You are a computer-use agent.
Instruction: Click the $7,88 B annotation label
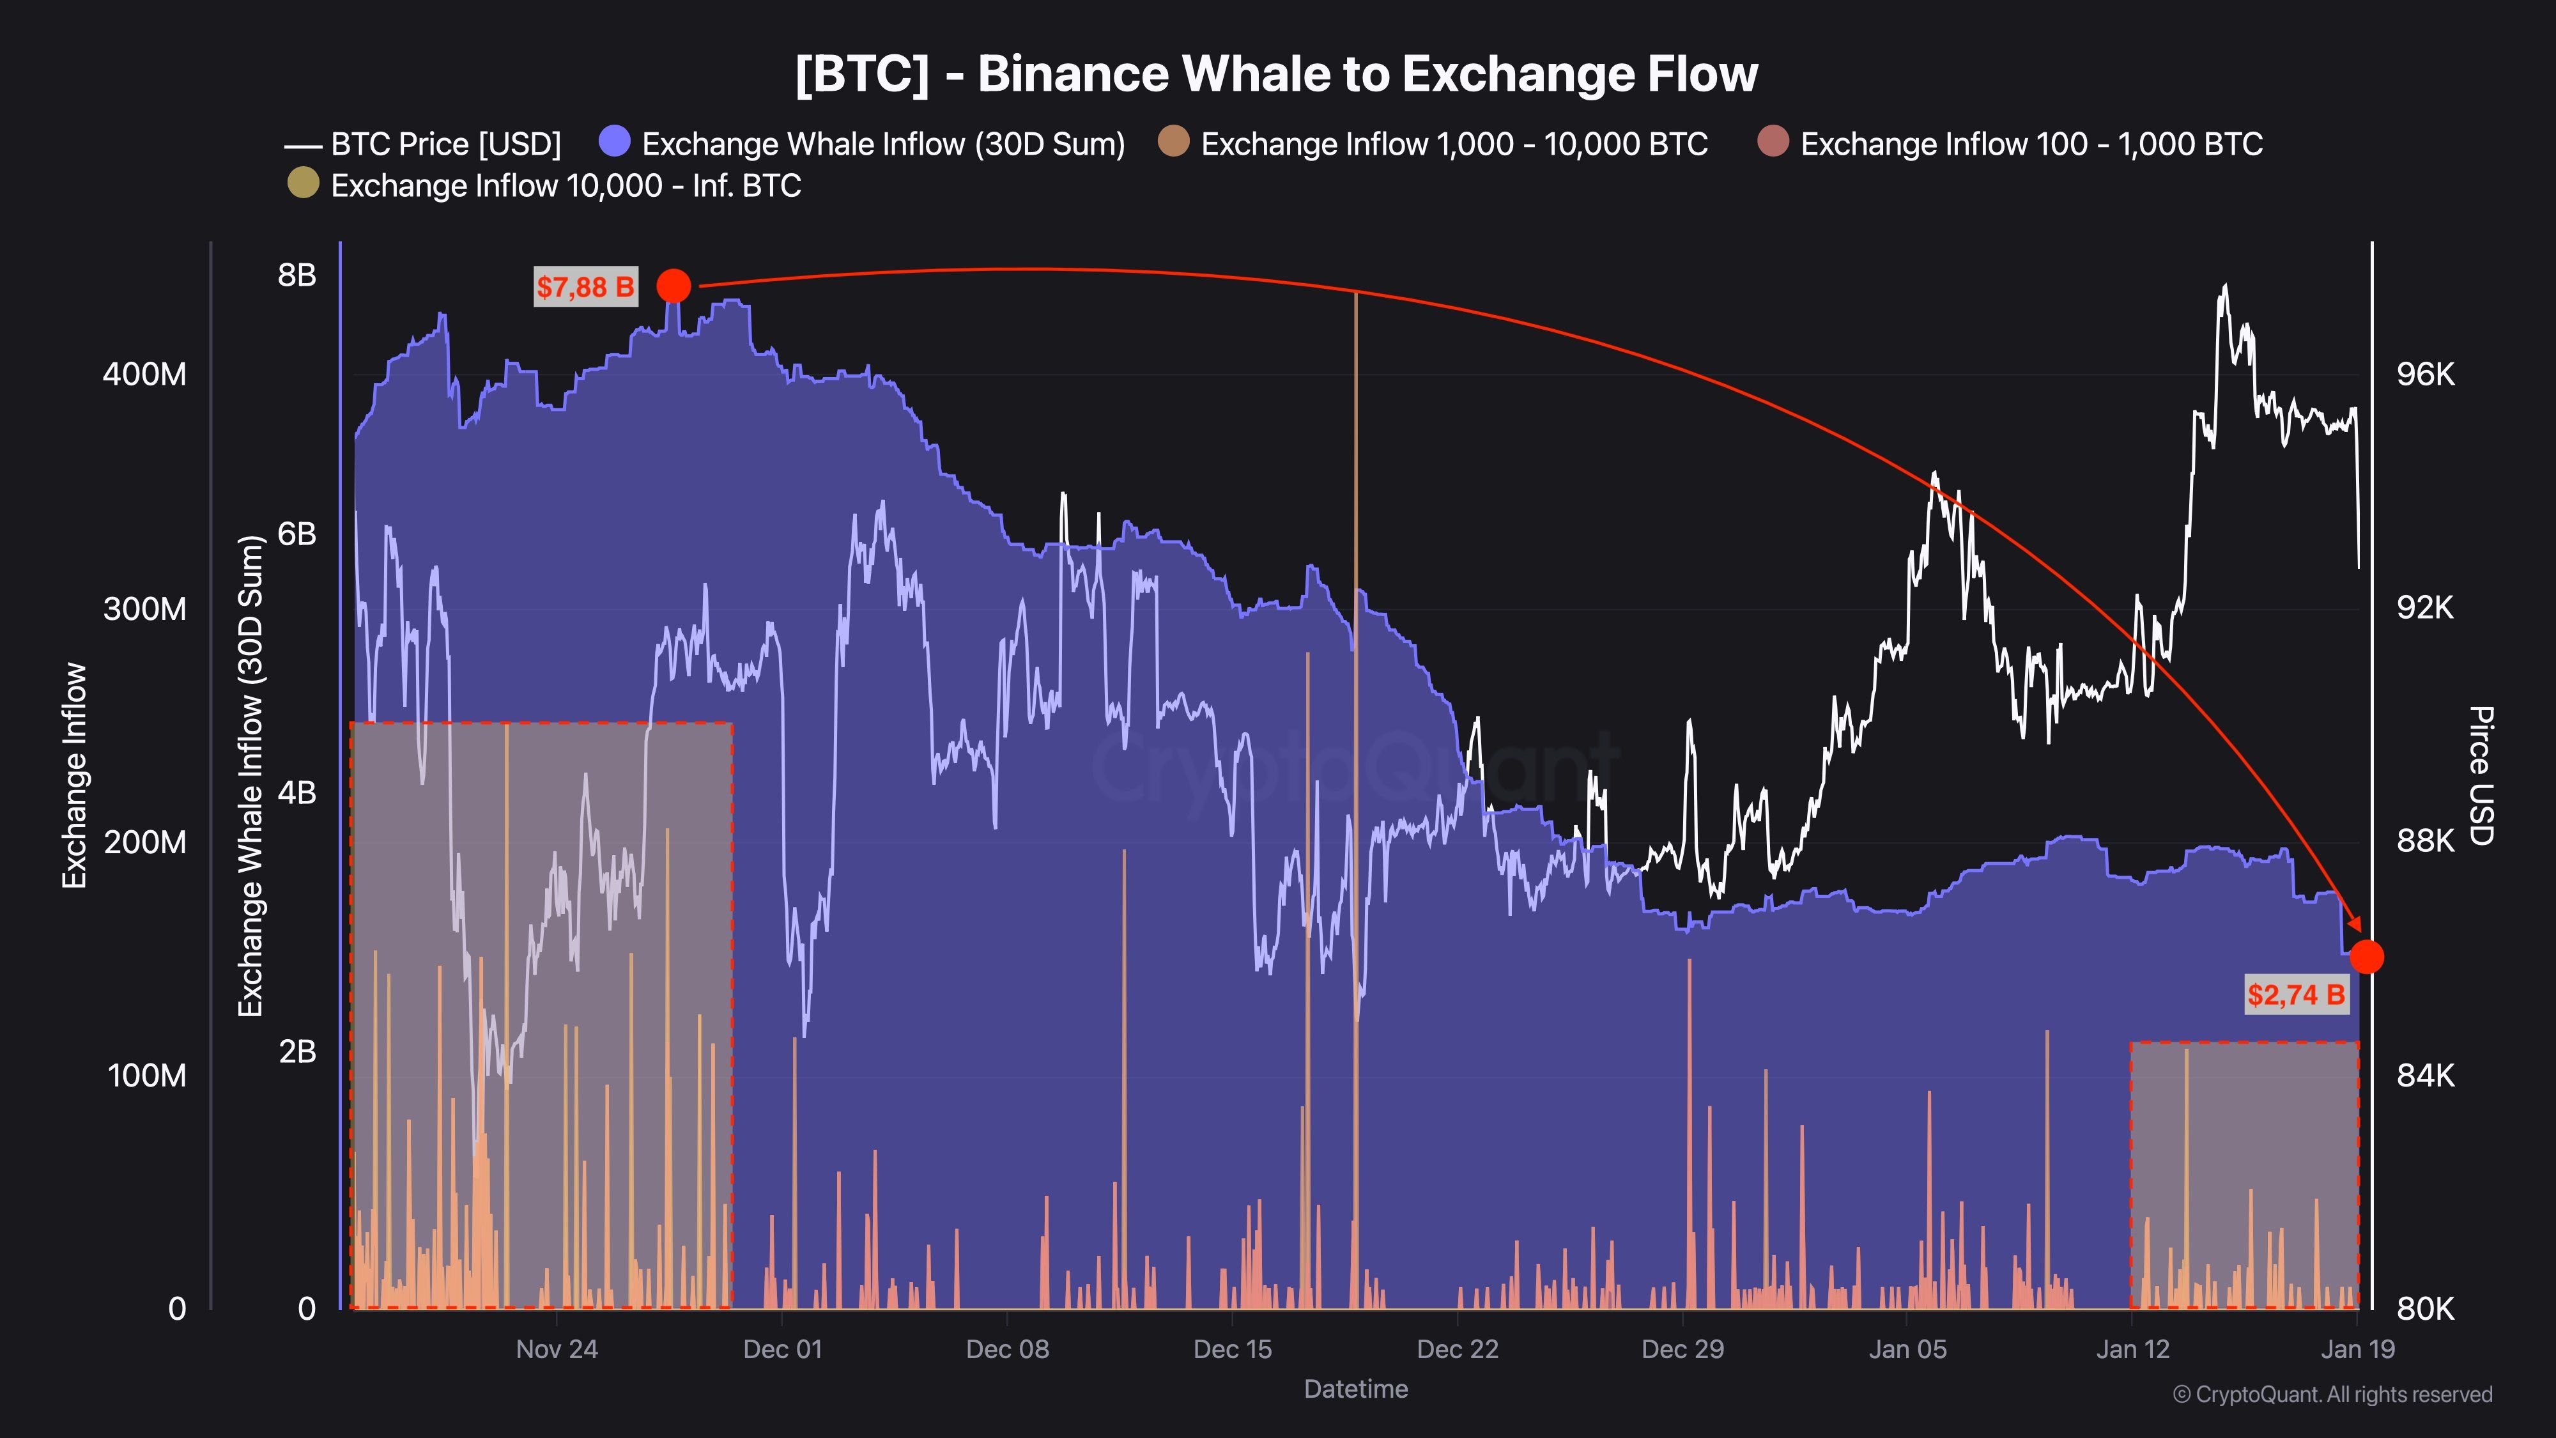(x=585, y=288)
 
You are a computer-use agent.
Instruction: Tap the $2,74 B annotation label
(x=2296, y=994)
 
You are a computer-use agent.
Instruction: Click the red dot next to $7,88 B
(x=674, y=286)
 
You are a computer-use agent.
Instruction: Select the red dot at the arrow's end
(x=2366, y=957)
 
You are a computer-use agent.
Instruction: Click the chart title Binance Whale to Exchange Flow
(x=1276, y=74)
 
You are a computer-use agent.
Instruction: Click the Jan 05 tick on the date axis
(x=1907, y=1350)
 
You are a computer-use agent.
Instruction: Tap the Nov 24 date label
(x=557, y=1350)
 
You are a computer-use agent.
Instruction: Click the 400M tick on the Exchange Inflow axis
(x=145, y=374)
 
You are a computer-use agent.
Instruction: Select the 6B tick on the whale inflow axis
(x=296, y=534)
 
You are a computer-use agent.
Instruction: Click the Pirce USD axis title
(x=2481, y=775)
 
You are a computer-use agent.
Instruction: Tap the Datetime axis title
(x=1355, y=1389)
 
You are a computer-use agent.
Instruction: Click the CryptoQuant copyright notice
(x=2332, y=1395)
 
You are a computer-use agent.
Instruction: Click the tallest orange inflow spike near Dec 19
(x=1355, y=695)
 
